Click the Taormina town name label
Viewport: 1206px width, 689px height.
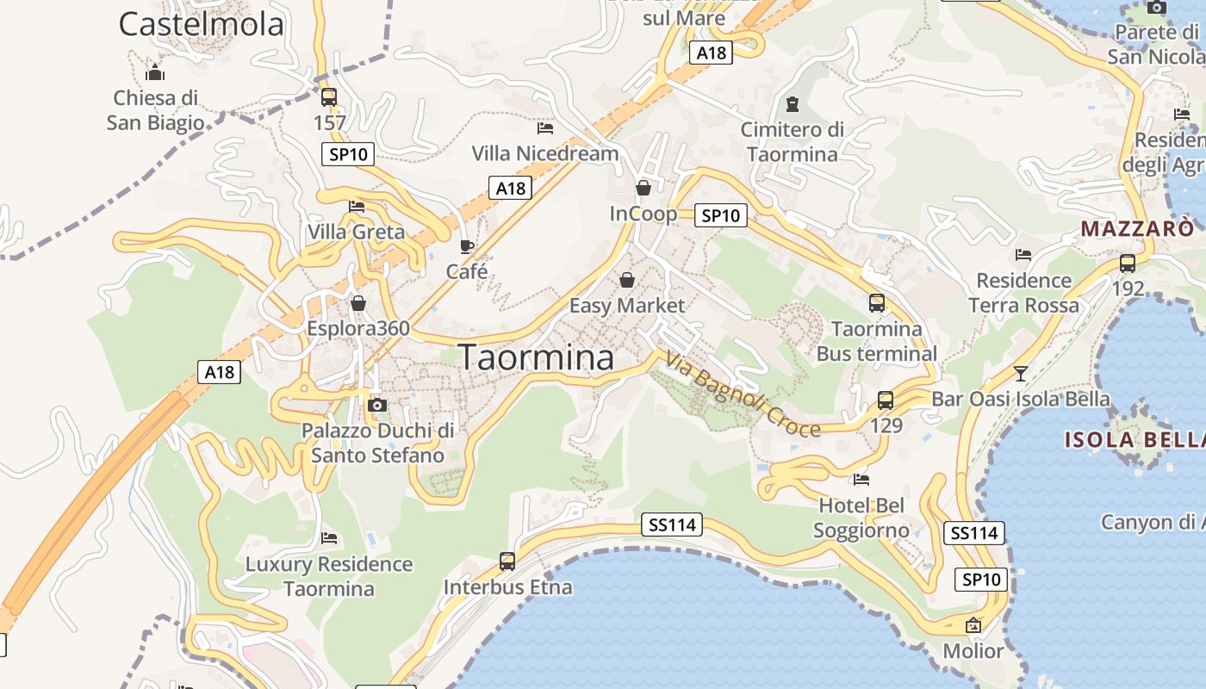click(x=536, y=357)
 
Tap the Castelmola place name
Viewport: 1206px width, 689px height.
click(x=201, y=24)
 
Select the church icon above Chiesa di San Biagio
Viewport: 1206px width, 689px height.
click(x=155, y=72)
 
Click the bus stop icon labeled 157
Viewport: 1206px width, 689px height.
click(x=328, y=97)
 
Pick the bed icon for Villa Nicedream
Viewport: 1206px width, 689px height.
click(x=544, y=128)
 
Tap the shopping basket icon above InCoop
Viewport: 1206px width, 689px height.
click(x=643, y=187)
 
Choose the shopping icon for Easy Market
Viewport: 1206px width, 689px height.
click(x=627, y=280)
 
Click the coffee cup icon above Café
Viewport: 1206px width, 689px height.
click(x=467, y=247)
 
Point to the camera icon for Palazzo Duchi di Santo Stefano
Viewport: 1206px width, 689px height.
click(x=376, y=405)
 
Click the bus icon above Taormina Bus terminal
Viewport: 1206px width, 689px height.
click(x=876, y=303)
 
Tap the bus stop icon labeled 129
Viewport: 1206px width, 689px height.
click(x=886, y=400)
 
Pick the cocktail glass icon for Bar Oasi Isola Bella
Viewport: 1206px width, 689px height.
click(x=1021, y=374)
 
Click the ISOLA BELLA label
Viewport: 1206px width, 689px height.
click(x=1135, y=440)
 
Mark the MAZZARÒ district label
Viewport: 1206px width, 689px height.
click(x=1137, y=229)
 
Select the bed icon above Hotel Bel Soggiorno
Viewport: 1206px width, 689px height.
click(x=861, y=480)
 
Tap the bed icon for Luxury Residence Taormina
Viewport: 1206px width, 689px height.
click(x=328, y=538)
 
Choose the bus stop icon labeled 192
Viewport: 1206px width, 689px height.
click(x=1127, y=264)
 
